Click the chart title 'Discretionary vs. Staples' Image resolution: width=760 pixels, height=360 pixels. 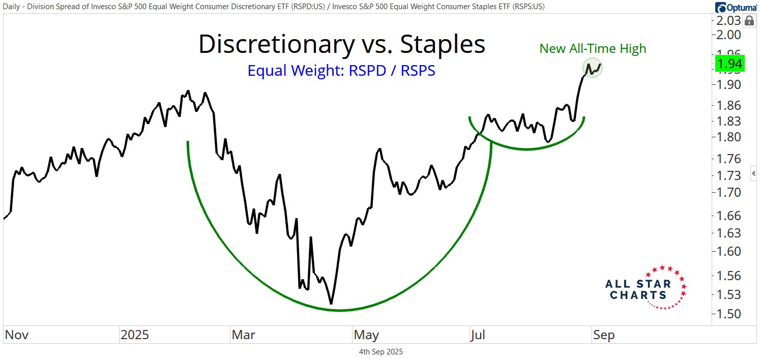pyautogui.click(x=341, y=44)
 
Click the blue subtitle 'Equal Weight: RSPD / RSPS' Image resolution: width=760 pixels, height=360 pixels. pyautogui.click(x=341, y=71)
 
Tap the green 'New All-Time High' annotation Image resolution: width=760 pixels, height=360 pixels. pyautogui.click(x=593, y=49)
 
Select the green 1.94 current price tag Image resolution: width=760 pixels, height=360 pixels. pyautogui.click(x=730, y=64)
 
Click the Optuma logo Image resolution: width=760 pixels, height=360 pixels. pyautogui.click(x=737, y=7)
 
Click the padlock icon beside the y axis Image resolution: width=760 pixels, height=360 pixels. pyautogui.click(x=749, y=21)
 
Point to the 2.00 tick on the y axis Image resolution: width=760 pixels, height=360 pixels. pyautogui.click(x=729, y=35)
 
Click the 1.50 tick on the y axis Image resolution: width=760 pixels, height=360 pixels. pyautogui.click(x=729, y=314)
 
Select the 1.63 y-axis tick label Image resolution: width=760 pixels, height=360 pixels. pyautogui.click(x=729, y=233)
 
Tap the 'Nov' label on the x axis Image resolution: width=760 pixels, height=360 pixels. pyautogui.click(x=17, y=335)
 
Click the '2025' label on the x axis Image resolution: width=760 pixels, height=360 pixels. pyautogui.click(x=135, y=335)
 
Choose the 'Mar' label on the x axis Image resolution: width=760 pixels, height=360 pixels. pyautogui.click(x=244, y=335)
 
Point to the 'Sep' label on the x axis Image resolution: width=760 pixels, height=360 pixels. pyautogui.click(x=603, y=335)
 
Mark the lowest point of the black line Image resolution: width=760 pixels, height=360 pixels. pyautogui.click(x=331, y=304)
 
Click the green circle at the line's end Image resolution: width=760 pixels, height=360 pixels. pyautogui.click(x=592, y=68)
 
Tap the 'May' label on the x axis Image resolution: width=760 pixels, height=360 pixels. pyautogui.click(x=366, y=335)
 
